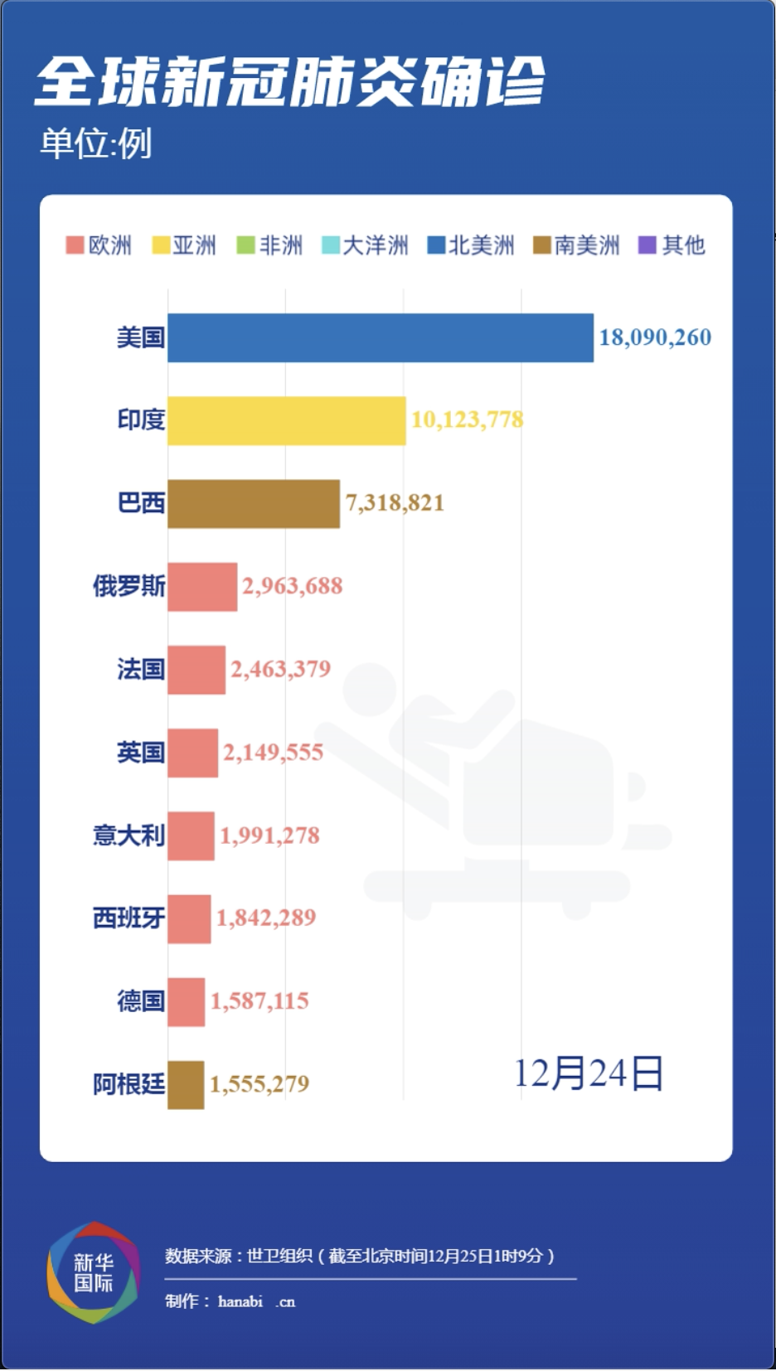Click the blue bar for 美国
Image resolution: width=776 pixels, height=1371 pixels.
point(380,337)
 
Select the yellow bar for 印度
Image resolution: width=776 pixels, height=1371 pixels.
point(286,420)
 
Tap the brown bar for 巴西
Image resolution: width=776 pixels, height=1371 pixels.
point(253,503)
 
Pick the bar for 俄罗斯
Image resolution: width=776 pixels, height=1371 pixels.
point(201,587)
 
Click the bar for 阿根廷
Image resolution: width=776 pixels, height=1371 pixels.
point(185,1084)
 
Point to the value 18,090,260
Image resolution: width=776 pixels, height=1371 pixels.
point(655,337)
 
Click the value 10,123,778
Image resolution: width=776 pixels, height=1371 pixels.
point(467,419)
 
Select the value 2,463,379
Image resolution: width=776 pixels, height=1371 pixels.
point(280,669)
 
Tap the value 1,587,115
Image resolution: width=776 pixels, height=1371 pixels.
point(259,1000)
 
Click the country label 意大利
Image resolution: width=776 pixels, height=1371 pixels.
point(129,835)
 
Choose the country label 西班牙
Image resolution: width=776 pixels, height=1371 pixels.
point(129,918)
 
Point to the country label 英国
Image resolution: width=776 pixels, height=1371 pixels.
point(140,752)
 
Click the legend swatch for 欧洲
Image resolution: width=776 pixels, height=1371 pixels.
point(75,245)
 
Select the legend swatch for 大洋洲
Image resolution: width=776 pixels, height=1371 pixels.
point(330,245)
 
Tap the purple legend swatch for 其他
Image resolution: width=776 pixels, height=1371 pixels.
point(647,245)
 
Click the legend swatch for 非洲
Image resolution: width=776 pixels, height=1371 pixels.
point(245,245)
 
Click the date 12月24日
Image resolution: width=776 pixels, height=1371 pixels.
point(588,1073)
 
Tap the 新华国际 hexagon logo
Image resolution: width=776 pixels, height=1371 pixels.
point(93,1272)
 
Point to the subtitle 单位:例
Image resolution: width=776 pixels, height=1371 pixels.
point(96,143)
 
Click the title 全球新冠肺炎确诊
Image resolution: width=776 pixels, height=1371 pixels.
point(289,82)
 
